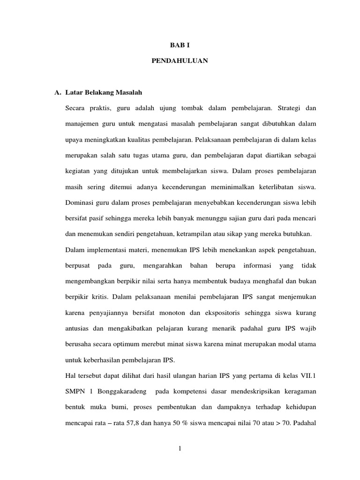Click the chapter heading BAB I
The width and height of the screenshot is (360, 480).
[x=180, y=45]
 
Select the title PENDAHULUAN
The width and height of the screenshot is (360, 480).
[x=180, y=61]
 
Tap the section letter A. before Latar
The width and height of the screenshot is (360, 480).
[x=58, y=93]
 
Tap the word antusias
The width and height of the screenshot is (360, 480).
[x=78, y=329]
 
